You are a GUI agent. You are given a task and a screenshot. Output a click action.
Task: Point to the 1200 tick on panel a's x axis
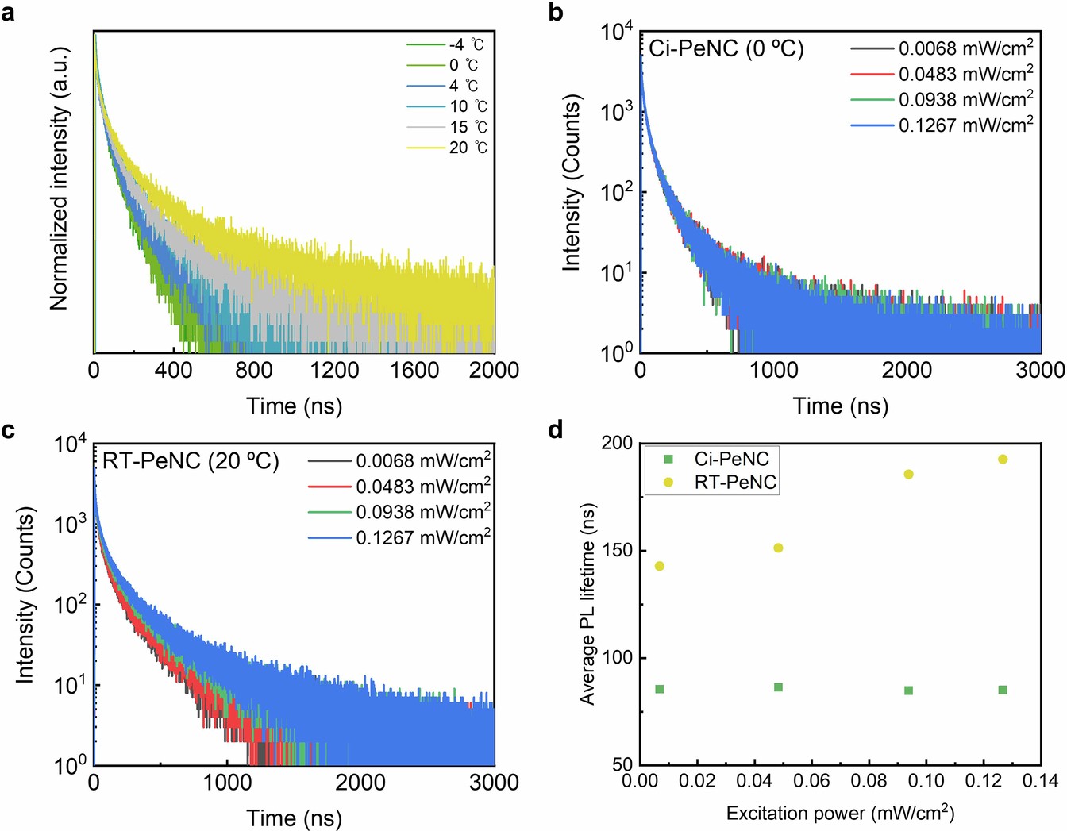point(334,370)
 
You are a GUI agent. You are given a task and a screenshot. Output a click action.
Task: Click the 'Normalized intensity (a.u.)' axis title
point(60,179)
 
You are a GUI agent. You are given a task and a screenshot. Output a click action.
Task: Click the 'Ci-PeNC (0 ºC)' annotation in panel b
point(726,49)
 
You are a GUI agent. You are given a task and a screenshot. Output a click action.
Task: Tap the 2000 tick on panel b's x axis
point(907,370)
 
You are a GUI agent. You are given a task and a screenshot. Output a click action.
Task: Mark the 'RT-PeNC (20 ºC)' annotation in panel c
point(191,461)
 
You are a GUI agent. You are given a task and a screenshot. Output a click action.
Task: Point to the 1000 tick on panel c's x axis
point(227,783)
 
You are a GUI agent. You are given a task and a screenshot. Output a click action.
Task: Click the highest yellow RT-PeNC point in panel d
point(1003,460)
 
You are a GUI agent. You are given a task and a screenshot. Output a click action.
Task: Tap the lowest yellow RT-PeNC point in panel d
point(659,566)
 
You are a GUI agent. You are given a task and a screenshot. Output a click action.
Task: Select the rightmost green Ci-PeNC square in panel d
point(1003,690)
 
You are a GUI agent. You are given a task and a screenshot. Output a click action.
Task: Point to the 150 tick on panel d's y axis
point(611,551)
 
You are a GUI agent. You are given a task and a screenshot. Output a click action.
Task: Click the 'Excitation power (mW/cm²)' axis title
point(840,814)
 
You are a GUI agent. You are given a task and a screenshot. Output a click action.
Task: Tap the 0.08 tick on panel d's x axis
point(869,782)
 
